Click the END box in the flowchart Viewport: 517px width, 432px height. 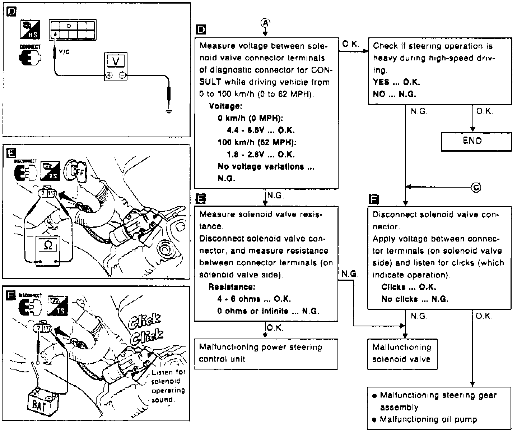[476, 141]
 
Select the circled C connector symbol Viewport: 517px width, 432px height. [476, 187]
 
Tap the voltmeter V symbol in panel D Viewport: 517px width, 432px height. [115, 61]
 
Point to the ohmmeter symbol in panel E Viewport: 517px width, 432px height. [47, 245]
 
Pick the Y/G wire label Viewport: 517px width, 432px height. [64, 52]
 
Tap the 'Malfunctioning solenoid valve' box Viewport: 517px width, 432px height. [402, 354]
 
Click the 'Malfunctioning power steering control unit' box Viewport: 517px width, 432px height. [266, 354]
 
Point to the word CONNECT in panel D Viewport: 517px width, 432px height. [30, 47]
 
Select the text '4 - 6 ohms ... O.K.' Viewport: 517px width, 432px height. [254, 299]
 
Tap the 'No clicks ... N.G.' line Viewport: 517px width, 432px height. [415, 299]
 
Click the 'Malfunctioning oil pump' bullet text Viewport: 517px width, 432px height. [428, 419]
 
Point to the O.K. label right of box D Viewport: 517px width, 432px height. [350, 44]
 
